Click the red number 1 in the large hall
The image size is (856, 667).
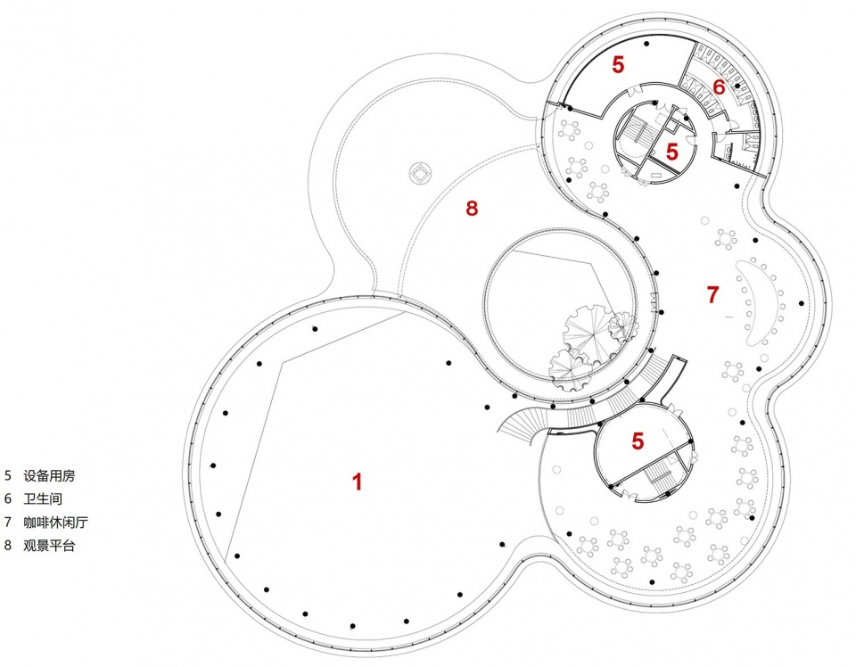pyautogui.click(x=358, y=482)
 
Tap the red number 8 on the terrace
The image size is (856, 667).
pyautogui.click(x=472, y=208)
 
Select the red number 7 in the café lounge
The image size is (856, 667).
pyautogui.click(x=713, y=294)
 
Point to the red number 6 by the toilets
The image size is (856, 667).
pyautogui.click(x=719, y=86)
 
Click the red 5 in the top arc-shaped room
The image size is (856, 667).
pyautogui.click(x=617, y=64)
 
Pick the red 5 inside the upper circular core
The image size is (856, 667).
pyautogui.click(x=672, y=152)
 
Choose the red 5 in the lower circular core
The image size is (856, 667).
pyautogui.click(x=638, y=441)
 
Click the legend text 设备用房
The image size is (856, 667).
pyautogui.click(x=49, y=475)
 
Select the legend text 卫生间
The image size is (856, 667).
pyautogui.click(x=43, y=498)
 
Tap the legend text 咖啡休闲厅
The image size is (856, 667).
pyautogui.click(x=55, y=522)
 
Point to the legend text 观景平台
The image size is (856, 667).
pyautogui.click(x=49, y=545)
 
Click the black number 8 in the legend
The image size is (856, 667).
pyautogui.click(x=8, y=545)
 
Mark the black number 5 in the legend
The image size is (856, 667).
pyautogui.click(x=8, y=475)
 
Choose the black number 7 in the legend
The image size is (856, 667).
pyautogui.click(x=8, y=522)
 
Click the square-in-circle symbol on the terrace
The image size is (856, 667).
pyautogui.click(x=421, y=174)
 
